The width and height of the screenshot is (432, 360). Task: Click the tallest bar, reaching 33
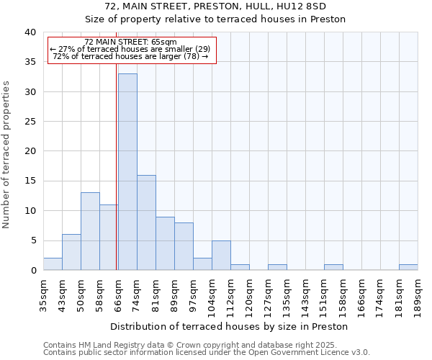tap(127, 172)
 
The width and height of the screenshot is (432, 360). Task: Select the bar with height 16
tap(146, 222)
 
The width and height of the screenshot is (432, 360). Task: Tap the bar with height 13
tap(90, 231)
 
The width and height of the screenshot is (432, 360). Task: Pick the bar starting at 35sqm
tap(53, 264)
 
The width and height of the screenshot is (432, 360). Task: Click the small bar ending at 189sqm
tap(408, 267)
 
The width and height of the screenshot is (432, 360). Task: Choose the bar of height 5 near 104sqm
tap(221, 256)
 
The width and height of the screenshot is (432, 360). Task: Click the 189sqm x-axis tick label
tap(418, 294)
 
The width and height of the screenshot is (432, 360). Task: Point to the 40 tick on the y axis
tap(30, 32)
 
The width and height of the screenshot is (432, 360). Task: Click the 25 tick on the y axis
tap(30, 122)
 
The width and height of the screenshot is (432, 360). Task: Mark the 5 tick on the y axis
tap(32, 240)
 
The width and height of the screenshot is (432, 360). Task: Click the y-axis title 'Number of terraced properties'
tap(7, 154)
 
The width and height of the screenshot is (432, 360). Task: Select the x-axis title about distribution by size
tap(230, 326)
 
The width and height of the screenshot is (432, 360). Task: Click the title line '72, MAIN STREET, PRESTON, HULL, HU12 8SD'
tap(215, 6)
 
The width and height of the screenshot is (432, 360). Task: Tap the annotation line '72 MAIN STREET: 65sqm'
tap(130, 42)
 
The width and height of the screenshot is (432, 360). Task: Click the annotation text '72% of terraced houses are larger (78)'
tap(130, 56)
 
